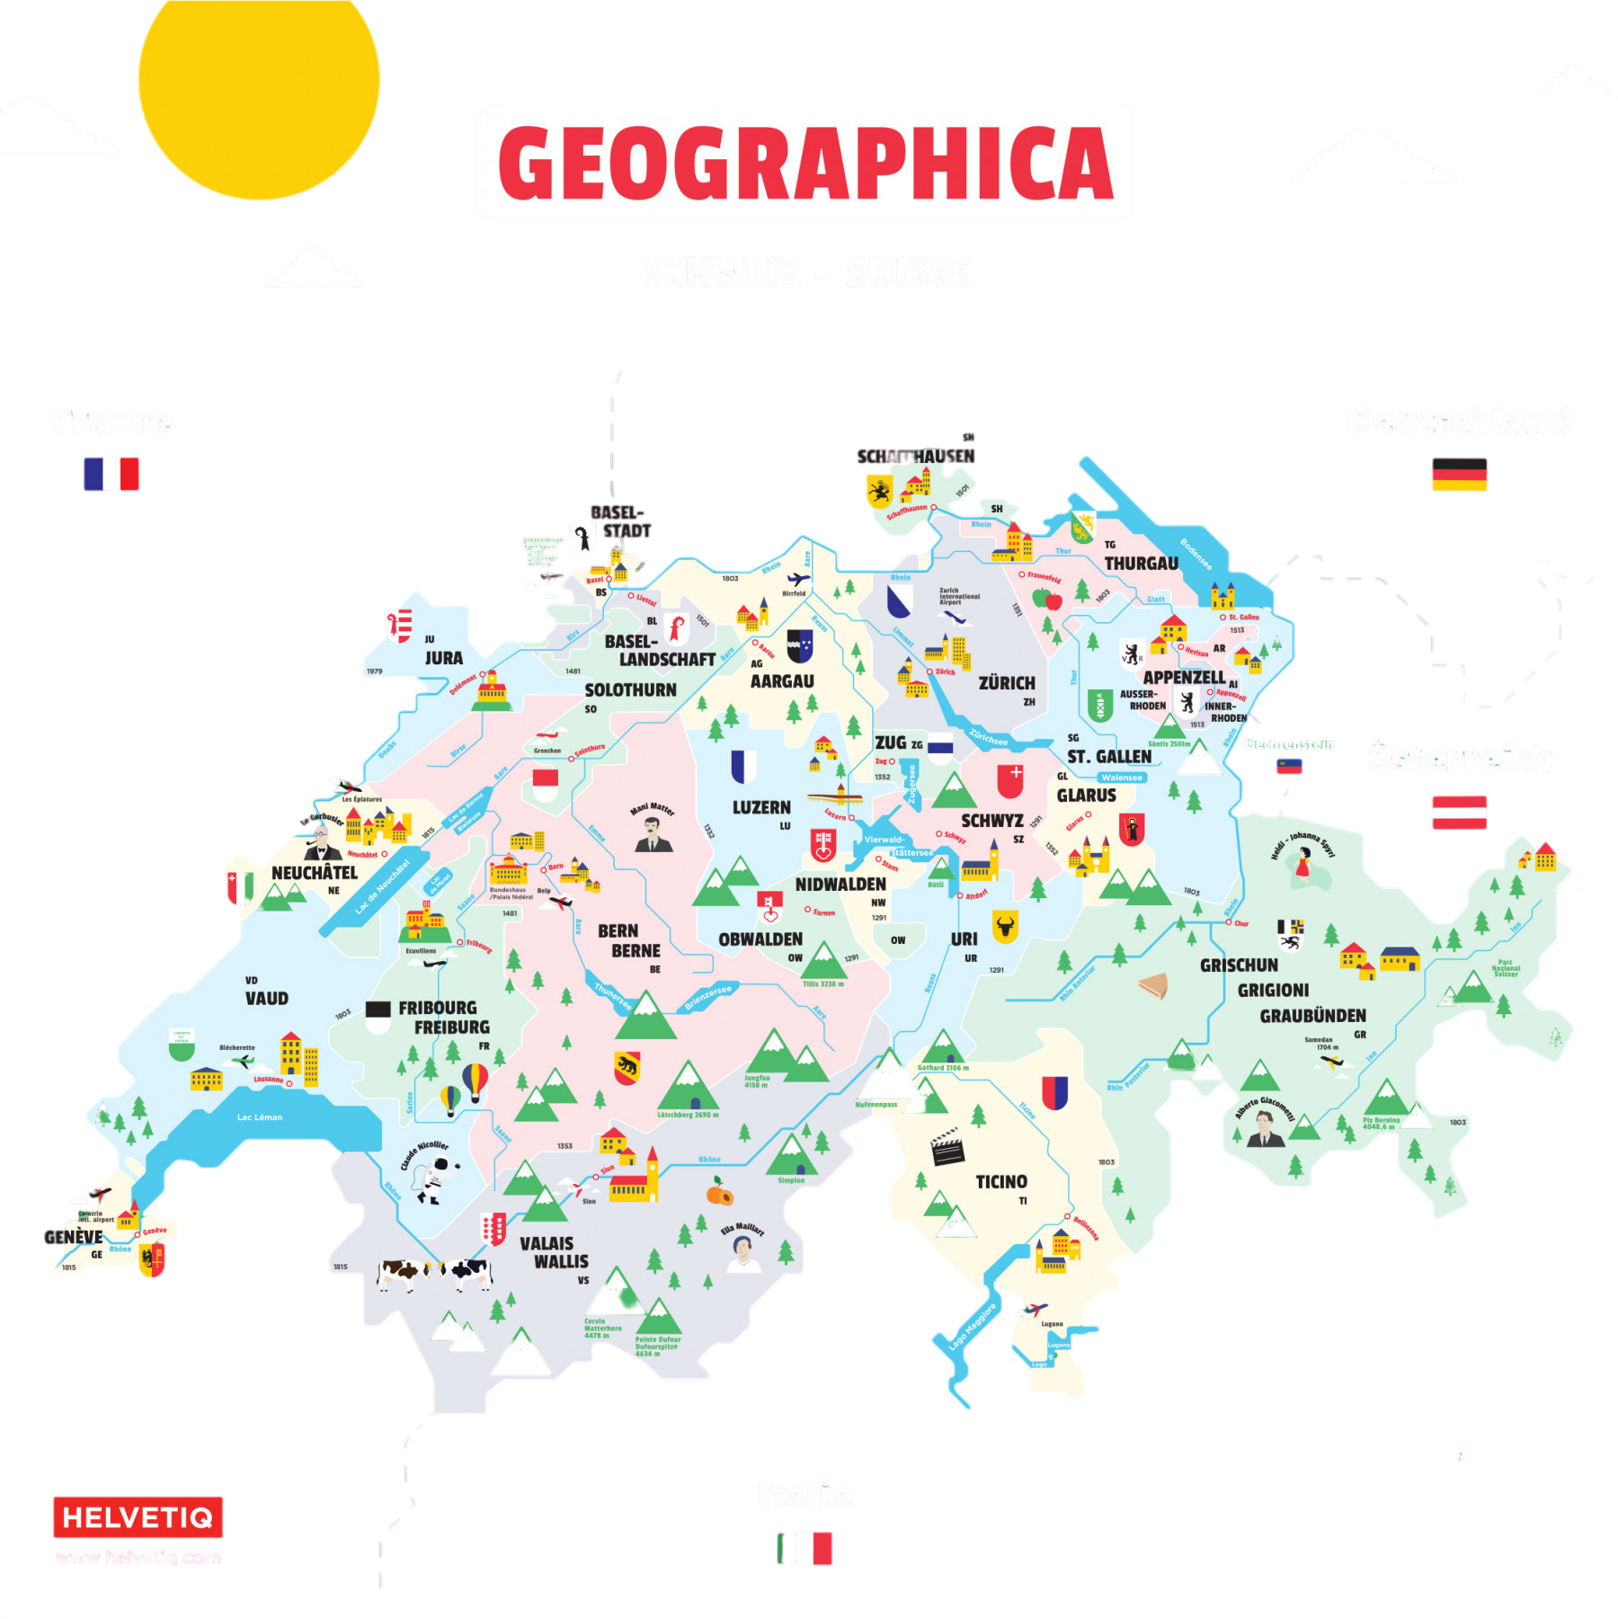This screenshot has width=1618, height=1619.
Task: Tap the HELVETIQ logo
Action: (138, 1518)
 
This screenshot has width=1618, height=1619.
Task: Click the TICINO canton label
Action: (1001, 1181)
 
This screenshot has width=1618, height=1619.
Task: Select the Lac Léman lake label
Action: (260, 1117)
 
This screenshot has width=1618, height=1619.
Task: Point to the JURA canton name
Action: (444, 658)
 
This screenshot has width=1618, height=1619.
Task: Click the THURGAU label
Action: (1141, 564)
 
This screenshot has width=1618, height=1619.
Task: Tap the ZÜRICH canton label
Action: (1007, 683)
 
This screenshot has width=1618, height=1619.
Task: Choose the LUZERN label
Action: (761, 807)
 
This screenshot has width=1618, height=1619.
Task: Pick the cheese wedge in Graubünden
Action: (1153, 986)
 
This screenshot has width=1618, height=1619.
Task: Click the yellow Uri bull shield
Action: (1005, 925)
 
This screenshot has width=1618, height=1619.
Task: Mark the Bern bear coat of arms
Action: (627, 1067)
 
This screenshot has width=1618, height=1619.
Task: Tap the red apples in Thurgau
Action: (1047, 598)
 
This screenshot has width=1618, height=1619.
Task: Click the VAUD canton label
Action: (267, 998)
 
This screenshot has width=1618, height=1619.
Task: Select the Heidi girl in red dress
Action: (1302, 865)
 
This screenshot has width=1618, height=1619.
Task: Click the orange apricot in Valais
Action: (719, 1194)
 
